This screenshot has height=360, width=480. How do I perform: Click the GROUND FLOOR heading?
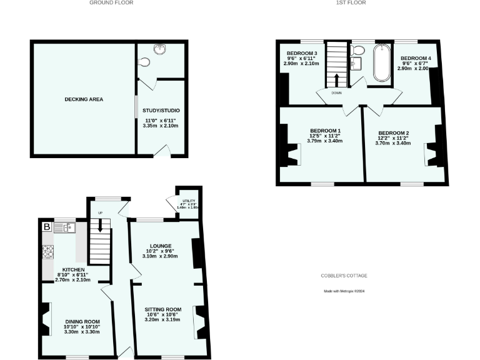(111, 3)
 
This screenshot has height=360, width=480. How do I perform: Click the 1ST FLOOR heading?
(352, 3)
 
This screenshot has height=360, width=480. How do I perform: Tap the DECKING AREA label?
(83, 99)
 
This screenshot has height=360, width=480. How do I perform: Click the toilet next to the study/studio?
(146, 62)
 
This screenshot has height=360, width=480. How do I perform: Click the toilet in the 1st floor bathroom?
(359, 50)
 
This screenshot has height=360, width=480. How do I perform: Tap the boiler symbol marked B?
(46, 226)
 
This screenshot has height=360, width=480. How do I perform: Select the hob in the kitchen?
(48, 252)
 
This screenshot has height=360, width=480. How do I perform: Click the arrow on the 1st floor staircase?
(337, 79)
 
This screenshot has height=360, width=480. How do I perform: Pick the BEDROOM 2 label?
(394, 133)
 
